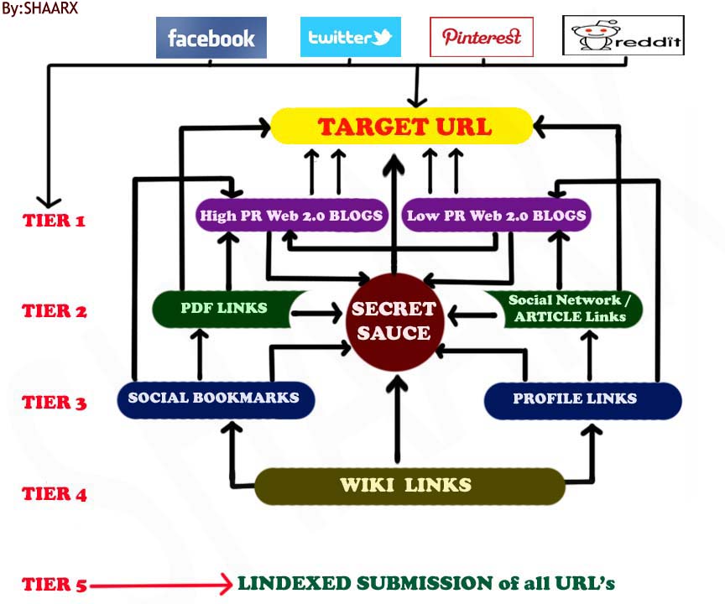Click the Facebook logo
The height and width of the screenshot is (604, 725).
(x=211, y=38)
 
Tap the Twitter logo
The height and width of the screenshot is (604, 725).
(x=350, y=38)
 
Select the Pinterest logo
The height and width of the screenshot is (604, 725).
(x=481, y=37)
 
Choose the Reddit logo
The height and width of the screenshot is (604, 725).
(x=623, y=36)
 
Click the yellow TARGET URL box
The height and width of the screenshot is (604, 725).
(x=402, y=127)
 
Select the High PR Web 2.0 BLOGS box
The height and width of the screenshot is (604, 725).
(x=290, y=216)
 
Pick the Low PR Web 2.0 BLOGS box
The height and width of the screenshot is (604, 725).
(x=496, y=216)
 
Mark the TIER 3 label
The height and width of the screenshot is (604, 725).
(x=54, y=403)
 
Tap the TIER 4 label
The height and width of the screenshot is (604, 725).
(x=54, y=494)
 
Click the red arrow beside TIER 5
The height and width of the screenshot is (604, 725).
(x=159, y=585)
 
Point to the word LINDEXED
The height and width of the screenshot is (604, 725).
(x=285, y=583)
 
